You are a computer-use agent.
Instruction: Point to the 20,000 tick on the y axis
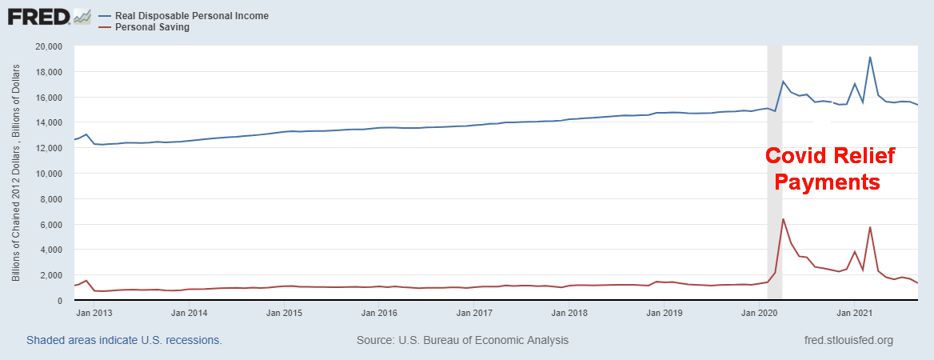pos(51,46)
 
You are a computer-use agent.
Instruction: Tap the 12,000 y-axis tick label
pos(51,148)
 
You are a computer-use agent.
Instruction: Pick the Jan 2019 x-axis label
pos(663,313)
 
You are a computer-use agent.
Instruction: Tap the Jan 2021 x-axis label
pos(852,313)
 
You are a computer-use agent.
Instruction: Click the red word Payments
pos(828,182)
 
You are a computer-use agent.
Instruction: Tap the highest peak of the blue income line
pos(870,57)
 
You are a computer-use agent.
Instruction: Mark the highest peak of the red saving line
pos(783,219)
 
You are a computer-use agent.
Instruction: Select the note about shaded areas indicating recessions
pos(124,340)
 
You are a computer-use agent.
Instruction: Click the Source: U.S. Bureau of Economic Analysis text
pos(462,340)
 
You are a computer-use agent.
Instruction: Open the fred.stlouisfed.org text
pos(848,340)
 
